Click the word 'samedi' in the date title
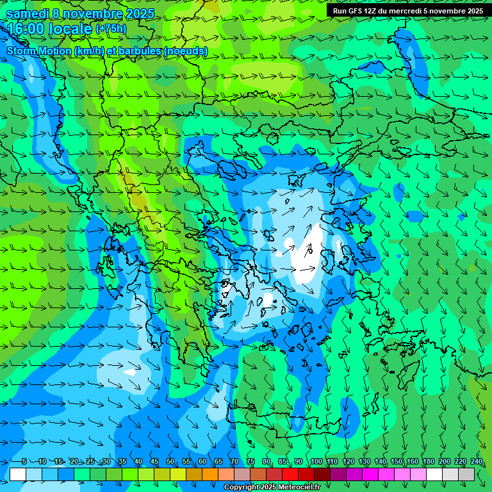28,13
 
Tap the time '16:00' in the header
29,29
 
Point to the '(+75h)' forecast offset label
111,29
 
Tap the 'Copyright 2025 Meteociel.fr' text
272,488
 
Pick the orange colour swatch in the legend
210,474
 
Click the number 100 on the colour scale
316,461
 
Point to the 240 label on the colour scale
476,461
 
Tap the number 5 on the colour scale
24,461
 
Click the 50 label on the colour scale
170,461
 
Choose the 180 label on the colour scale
428,461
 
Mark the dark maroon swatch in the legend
322,474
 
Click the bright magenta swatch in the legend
370,474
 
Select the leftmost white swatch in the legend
18,474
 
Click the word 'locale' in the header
72,29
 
